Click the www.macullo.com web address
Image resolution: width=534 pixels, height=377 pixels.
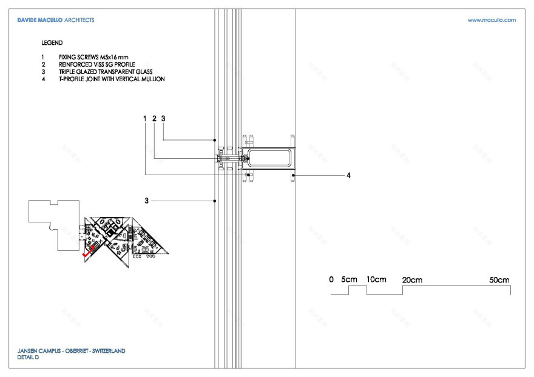[492, 20]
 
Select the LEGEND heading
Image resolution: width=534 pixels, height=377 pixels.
[52, 44]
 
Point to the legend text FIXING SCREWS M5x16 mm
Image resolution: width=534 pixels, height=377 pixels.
[90, 57]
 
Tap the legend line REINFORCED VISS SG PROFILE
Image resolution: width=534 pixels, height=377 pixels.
[93, 64]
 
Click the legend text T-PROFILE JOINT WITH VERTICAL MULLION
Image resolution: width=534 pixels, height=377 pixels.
[108, 79]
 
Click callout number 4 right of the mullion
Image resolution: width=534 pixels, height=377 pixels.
[348, 175]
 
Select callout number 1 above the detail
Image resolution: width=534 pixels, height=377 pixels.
[145, 119]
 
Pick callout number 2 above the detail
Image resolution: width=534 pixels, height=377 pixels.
[154, 119]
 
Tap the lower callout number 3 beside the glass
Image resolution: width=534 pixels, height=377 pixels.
[146, 200]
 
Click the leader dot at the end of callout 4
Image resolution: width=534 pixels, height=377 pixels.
[293, 175]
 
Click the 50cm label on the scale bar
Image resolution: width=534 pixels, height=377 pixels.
[499, 279]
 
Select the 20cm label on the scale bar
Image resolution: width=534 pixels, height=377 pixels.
[412, 279]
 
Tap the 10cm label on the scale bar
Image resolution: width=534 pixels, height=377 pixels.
[376, 279]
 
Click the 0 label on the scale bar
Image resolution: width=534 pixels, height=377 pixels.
[331, 279]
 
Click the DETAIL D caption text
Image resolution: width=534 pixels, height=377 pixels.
[28, 358]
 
